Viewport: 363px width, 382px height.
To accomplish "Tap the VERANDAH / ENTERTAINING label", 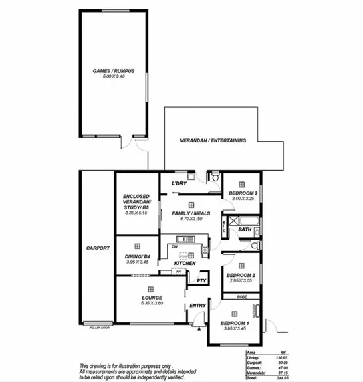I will [x=214, y=141].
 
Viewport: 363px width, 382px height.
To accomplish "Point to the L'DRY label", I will [x=178, y=184].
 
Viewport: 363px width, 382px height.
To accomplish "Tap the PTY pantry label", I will [x=199, y=280].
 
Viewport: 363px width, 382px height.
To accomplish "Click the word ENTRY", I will [x=198, y=306].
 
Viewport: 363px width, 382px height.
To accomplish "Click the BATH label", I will [x=245, y=231].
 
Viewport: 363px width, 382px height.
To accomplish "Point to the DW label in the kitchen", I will [x=174, y=246].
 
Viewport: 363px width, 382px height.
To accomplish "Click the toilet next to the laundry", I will [x=215, y=180].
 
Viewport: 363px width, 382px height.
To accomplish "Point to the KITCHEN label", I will [x=185, y=264].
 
